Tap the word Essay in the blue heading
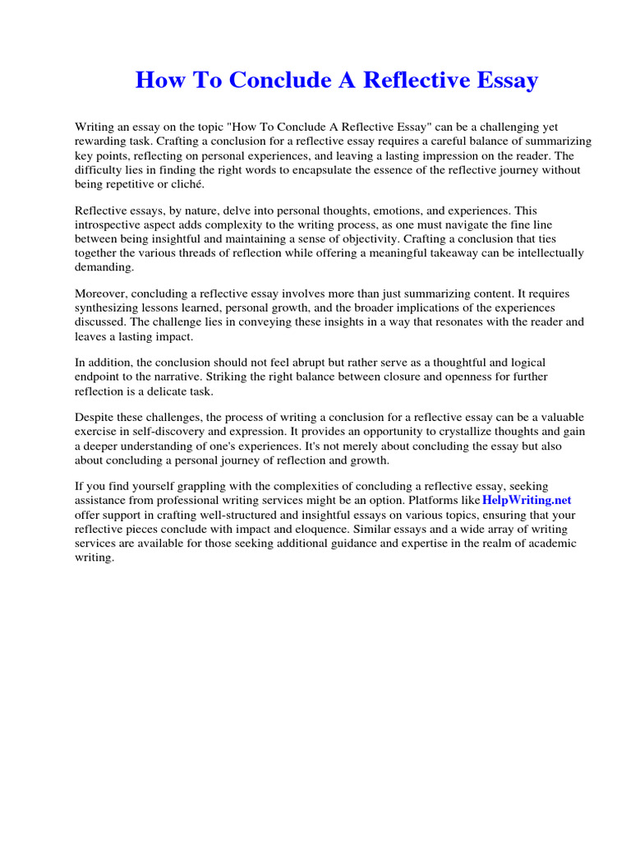(500, 80)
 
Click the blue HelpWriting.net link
(526, 500)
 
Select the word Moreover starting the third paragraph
(102, 294)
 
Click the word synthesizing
(108, 308)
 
